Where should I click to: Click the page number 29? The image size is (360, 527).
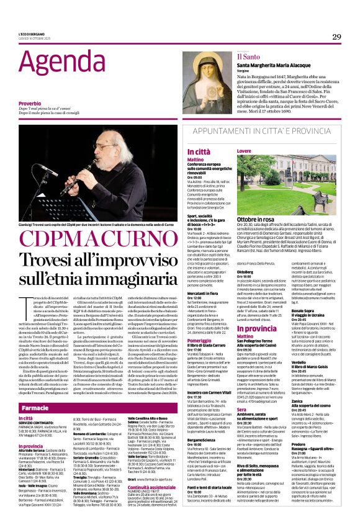click(x=336, y=37)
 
